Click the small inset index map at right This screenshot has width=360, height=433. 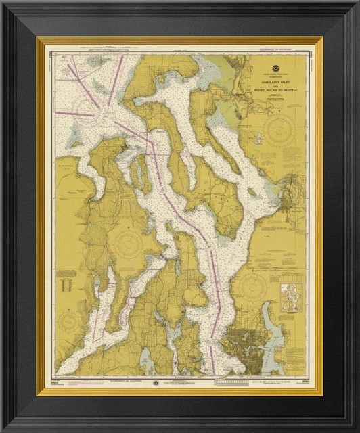pos(292,298)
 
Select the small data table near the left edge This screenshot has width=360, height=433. pos(67,280)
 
